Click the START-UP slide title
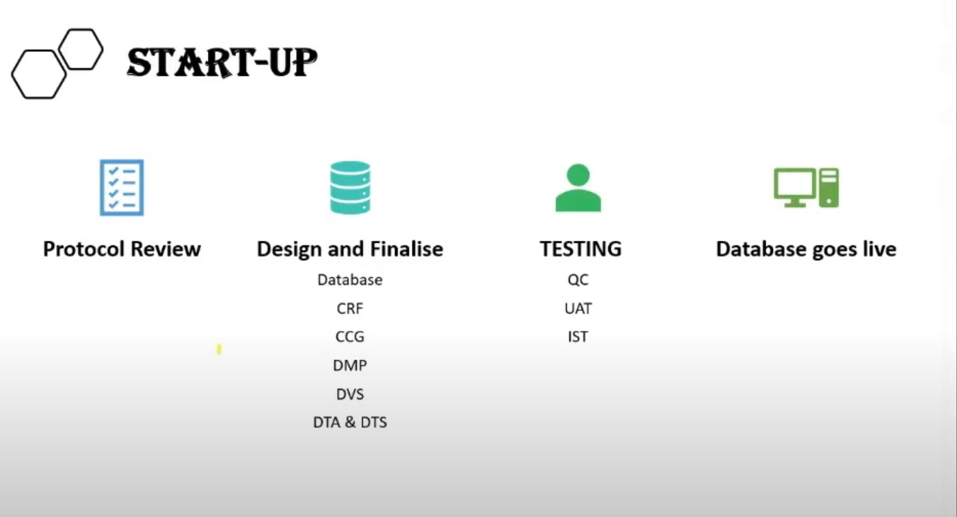(x=221, y=63)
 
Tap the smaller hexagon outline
(x=81, y=48)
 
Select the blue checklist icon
(x=122, y=187)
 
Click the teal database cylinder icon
(x=350, y=187)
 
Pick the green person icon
(x=578, y=188)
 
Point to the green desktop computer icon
(x=806, y=187)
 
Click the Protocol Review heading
(x=122, y=249)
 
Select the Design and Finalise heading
(x=350, y=249)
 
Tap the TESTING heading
(x=580, y=249)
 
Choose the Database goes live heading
(x=806, y=249)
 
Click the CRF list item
(x=350, y=308)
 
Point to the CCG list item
(x=350, y=337)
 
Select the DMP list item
(x=350, y=365)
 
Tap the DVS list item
(x=350, y=394)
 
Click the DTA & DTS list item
(x=350, y=422)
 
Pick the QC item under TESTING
(x=578, y=279)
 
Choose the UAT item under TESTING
(x=578, y=308)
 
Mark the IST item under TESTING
(x=578, y=337)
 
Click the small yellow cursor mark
(x=219, y=350)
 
